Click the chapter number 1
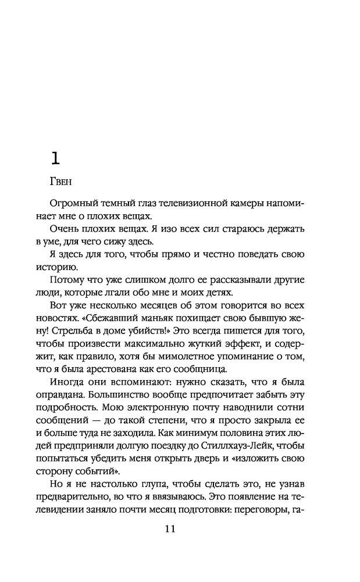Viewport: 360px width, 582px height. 54,158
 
